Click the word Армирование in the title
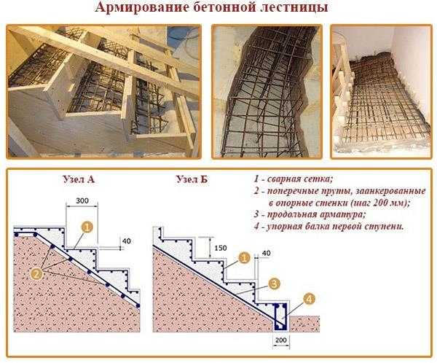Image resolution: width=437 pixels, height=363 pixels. (x=142, y=7)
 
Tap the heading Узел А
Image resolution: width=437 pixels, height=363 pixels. (x=79, y=179)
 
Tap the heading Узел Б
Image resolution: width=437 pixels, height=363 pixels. (x=192, y=179)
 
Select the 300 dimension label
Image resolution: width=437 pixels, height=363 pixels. (x=82, y=200)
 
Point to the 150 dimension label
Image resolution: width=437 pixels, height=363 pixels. (x=221, y=248)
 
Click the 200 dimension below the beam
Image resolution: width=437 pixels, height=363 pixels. (x=281, y=340)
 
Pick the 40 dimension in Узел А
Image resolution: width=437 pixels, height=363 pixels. (x=126, y=241)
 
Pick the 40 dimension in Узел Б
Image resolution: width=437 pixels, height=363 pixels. (x=266, y=254)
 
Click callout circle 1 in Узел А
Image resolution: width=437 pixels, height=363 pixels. (x=87, y=227)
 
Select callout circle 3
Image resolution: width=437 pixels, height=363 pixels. (x=275, y=284)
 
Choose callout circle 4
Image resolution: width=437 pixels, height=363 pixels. (x=309, y=299)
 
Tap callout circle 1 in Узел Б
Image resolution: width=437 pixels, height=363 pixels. (x=244, y=257)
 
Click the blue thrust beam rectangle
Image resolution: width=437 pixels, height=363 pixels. (x=281, y=316)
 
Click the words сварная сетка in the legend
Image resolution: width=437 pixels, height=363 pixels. (x=300, y=179)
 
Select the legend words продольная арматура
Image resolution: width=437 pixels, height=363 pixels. (x=316, y=214)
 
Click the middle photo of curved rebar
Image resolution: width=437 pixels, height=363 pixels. (x=267, y=92)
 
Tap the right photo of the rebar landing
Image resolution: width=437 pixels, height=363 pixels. (x=381, y=92)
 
